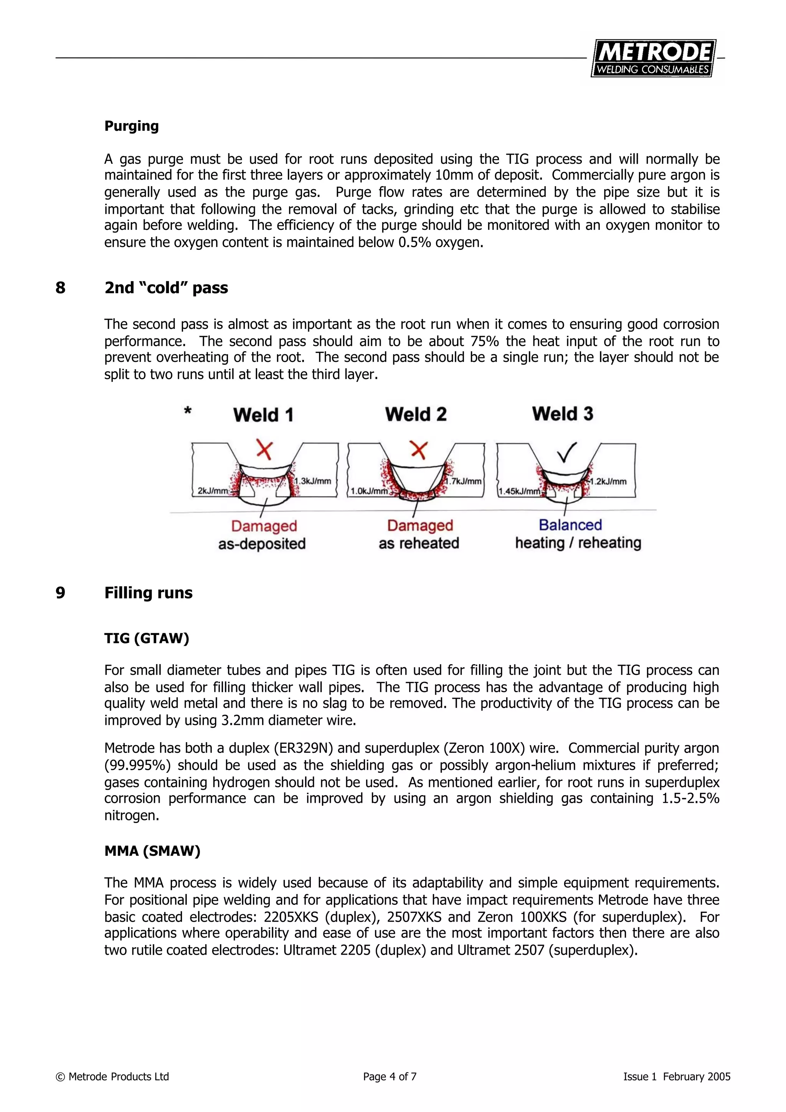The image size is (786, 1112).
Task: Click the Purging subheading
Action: coord(131,126)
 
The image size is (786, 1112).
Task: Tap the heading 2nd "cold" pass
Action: coord(166,288)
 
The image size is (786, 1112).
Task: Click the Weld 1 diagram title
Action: coord(263,415)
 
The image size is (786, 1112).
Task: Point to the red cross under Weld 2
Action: coord(418,450)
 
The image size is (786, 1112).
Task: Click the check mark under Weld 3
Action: coord(566,452)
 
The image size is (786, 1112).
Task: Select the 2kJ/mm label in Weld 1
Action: coord(212,491)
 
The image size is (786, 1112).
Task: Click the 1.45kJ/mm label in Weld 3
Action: coord(519,491)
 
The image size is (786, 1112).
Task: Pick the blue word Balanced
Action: coord(570,525)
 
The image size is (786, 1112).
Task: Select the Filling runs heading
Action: coord(148,593)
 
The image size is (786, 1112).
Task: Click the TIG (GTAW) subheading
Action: coord(147,638)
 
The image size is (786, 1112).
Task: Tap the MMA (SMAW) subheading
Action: coord(152,851)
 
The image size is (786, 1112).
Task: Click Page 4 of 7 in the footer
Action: coord(390,1076)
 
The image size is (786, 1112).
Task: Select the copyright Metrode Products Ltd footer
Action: coord(112,1076)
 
